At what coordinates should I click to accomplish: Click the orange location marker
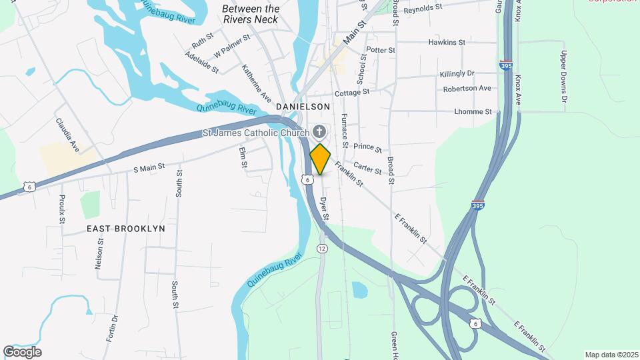(x=320, y=159)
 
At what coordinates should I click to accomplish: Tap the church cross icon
(x=319, y=132)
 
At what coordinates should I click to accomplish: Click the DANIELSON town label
(x=303, y=107)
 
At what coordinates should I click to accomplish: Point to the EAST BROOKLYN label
(x=126, y=228)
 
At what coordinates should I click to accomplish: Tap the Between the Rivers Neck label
(x=251, y=14)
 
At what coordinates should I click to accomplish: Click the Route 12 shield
(x=323, y=248)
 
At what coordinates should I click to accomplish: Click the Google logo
(x=22, y=352)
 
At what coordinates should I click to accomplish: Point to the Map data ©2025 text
(x=611, y=355)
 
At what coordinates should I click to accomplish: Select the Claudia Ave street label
(x=67, y=135)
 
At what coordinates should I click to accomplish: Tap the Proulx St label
(x=61, y=209)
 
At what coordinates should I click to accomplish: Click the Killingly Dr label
(x=457, y=73)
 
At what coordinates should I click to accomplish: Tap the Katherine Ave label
(x=256, y=83)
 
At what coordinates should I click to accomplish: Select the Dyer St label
(x=324, y=208)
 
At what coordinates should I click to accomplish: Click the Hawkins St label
(x=447, y=42)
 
